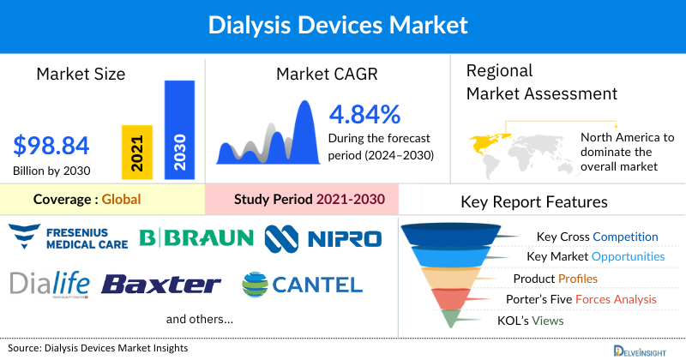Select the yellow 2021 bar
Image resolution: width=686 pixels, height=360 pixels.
pos(136,152)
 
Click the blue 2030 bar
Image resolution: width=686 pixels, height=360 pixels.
pos(179,129)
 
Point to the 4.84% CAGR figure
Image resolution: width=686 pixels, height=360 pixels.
pos(364,113)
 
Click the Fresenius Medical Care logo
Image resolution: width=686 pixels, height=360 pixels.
pos(68,236)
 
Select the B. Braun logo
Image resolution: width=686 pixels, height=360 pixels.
pos(196,237)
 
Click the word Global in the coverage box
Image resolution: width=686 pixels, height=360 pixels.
pos(121,200)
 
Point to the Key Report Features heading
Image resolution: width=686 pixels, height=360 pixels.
pos(534,202)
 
